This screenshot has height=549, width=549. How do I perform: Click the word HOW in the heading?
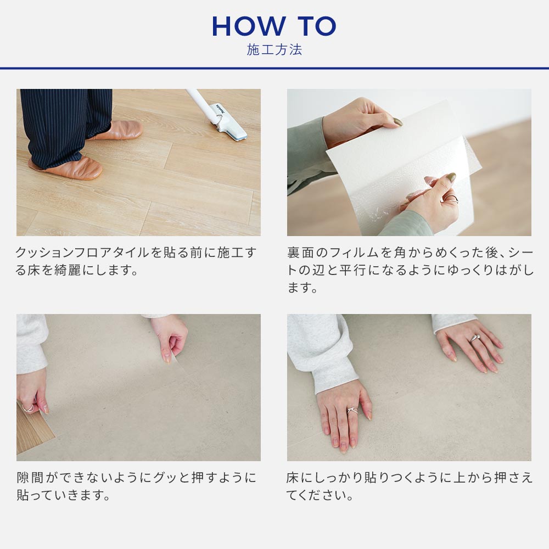point(247,26)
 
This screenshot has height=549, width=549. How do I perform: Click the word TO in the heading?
point(316,26)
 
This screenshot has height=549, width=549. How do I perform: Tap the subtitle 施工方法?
point(274,50)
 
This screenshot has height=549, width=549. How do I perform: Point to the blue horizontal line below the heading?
point(274,68)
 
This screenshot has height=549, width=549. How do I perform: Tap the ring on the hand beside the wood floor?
point(27,408)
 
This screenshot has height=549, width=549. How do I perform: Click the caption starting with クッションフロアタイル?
point(136,261)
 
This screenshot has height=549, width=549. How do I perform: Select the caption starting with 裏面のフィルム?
point(410,270)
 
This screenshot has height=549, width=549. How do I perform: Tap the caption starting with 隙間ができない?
point(136,486)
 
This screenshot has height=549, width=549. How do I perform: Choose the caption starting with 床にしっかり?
point(410,486)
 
